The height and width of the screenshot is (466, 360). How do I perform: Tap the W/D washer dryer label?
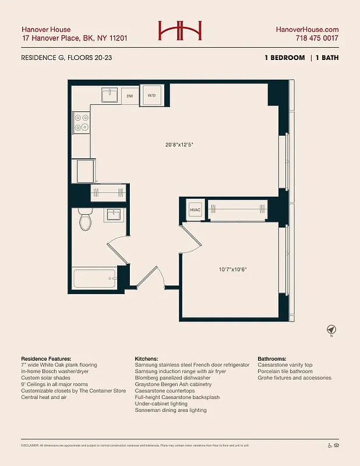click(151, 95)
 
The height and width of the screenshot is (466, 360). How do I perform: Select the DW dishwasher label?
click(130, 95)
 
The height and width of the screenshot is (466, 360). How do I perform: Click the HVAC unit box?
click(195, 210)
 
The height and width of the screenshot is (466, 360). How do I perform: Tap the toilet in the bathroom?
click(84, 220)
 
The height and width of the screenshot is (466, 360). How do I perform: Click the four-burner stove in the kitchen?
click(81, 122)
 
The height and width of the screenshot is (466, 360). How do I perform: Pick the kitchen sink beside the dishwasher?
click(109, 95)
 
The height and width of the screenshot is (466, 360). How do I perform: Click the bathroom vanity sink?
click(112, 216)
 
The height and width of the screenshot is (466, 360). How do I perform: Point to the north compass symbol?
click(331, 330)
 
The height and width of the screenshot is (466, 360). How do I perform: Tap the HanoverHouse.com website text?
click(307, 29)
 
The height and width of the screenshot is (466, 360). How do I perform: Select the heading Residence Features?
click(46, 358)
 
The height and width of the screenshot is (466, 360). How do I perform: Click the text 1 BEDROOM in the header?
click(284, 58)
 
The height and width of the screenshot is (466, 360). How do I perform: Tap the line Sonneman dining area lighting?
click(170, 410)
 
